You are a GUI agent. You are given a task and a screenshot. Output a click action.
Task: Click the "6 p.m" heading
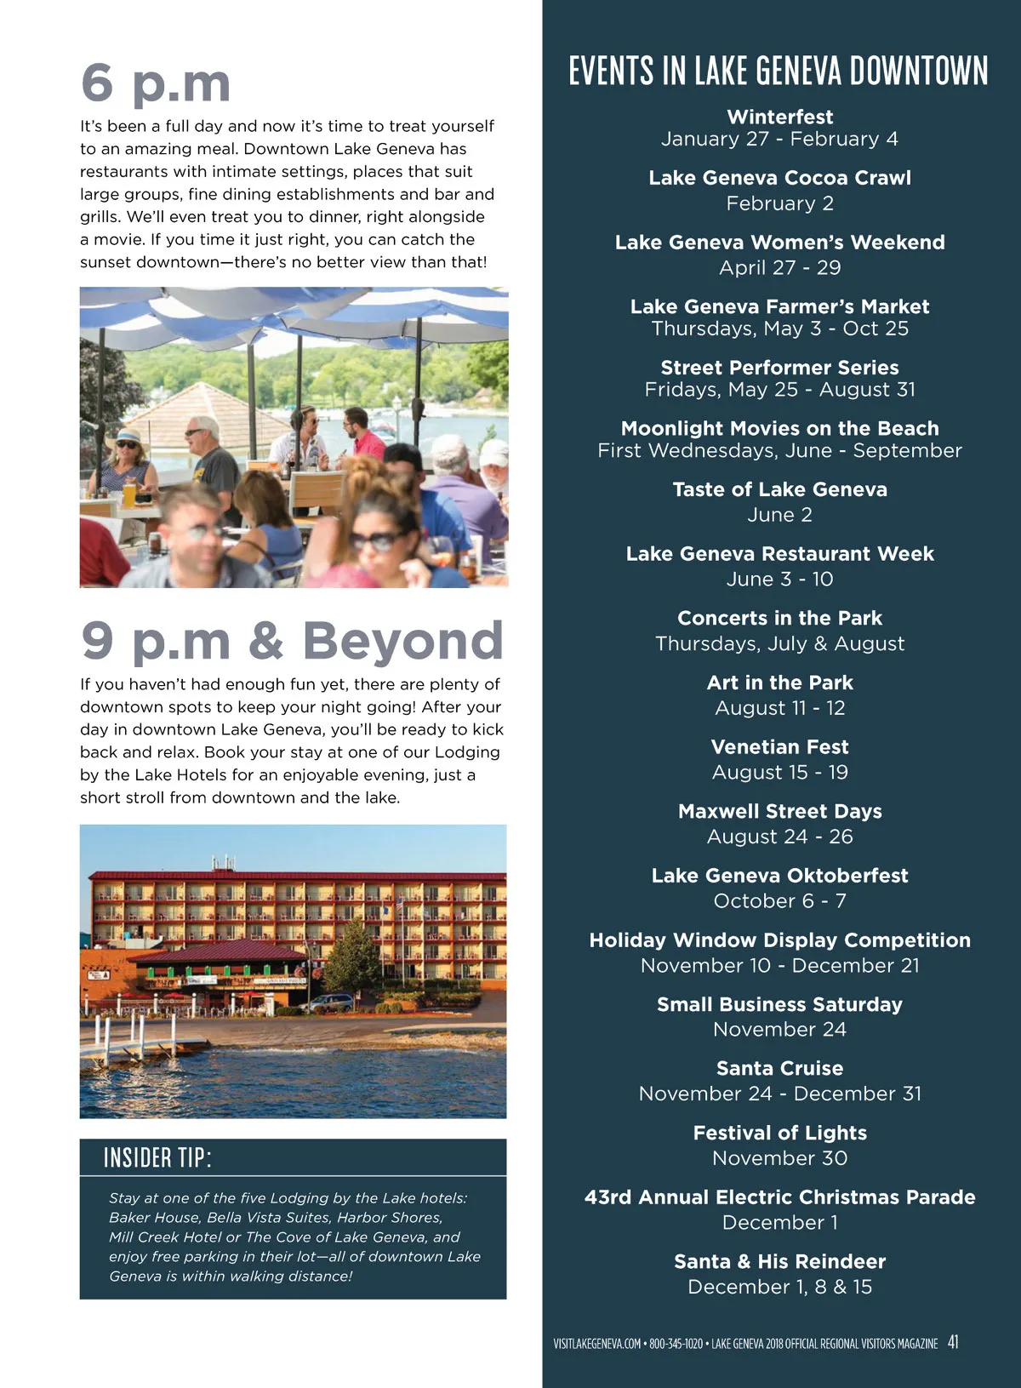tap(156, 83)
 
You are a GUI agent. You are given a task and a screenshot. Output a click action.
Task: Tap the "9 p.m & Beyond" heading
tap(292, 640)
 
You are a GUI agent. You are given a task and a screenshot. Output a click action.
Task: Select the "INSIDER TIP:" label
tap(157, 1157)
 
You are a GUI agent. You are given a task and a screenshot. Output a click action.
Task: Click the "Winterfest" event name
tap(779, 117)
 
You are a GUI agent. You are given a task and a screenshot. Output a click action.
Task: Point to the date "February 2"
tap(779, 203)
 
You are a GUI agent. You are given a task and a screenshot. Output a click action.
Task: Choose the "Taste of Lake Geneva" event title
tap(779, 489)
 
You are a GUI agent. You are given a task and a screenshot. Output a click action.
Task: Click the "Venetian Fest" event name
tap(779, 747)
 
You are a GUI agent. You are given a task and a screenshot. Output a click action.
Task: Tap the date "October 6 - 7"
tap(779, 900)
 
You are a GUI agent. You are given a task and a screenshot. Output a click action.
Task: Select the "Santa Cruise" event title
tap(779, 1068)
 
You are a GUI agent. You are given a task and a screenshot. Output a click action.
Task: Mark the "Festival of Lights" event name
tap(779, 1133)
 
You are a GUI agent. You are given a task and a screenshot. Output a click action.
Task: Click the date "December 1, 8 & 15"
tap(779, 1287)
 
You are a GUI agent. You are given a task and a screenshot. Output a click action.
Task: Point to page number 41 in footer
tap(953, 1342)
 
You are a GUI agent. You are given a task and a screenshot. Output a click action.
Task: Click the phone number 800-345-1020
tap(676, 1344)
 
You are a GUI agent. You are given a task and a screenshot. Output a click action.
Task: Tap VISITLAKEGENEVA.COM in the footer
tap(596, 1344)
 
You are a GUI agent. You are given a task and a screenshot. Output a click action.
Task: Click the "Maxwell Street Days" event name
tap(779, 811)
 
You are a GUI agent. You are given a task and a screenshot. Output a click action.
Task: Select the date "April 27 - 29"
tap(779, 267)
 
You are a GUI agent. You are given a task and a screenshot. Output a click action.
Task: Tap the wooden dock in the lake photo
tap(145, 1045)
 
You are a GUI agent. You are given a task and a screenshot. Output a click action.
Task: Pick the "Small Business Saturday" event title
tap(779, 1004)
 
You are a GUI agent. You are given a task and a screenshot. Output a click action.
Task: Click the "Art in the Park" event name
tap(779, 683)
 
